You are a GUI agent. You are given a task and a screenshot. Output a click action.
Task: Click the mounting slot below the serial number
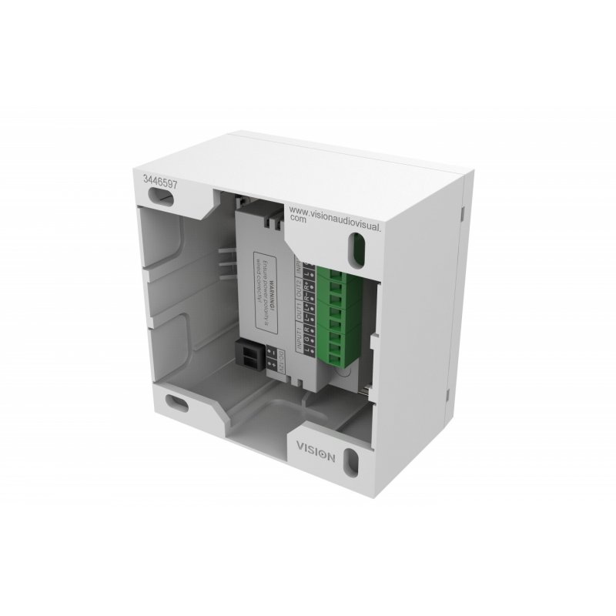point(163,199)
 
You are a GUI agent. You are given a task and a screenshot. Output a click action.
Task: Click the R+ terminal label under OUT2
point(308,286)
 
